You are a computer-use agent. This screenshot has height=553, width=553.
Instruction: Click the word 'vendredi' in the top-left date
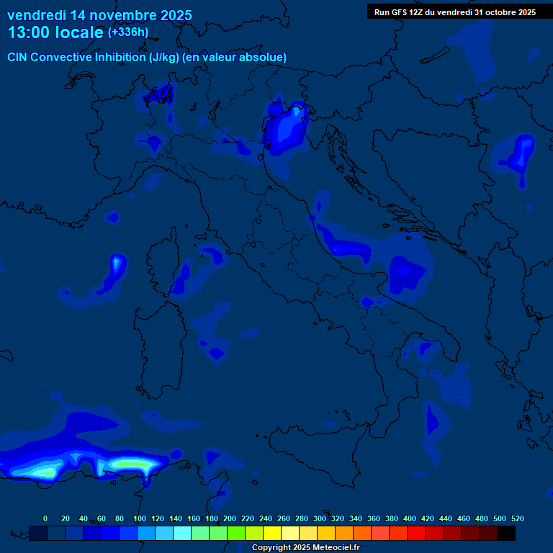36,15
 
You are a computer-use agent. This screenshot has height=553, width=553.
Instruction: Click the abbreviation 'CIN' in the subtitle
19,57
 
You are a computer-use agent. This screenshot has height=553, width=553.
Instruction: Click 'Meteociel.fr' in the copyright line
335,547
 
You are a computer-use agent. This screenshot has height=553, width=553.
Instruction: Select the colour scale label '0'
45,518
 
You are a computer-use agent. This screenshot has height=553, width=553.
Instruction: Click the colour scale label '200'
230,518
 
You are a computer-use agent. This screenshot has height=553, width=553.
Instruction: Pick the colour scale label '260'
284,518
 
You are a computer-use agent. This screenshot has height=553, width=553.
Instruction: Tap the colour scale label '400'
410,518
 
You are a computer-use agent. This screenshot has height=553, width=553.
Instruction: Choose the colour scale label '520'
517,518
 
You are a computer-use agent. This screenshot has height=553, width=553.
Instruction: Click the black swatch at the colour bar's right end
506,533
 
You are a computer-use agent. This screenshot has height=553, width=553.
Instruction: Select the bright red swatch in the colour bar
416,533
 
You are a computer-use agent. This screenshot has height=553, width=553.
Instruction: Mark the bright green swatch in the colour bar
236,533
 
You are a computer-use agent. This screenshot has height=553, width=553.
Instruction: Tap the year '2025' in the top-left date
172,15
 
